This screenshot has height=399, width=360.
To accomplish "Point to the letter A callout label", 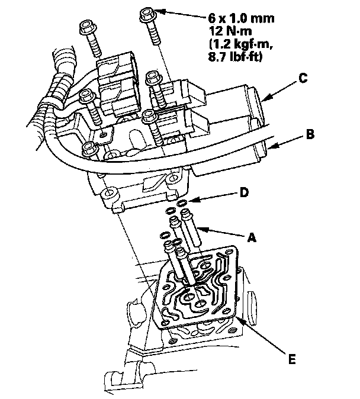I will (252, 236).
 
